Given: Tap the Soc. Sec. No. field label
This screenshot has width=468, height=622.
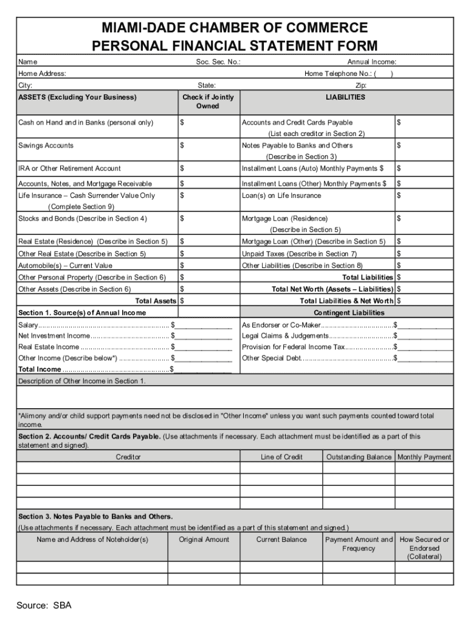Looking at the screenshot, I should [218, 62].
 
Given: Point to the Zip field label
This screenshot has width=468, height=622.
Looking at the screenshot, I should [360, 86].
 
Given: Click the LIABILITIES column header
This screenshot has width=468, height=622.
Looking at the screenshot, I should [345, 97].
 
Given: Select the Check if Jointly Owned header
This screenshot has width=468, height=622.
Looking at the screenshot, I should [207, 101].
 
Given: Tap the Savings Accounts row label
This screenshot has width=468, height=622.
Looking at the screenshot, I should [46, 146].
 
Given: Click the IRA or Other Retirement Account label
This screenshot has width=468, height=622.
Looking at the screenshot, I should [69, 168].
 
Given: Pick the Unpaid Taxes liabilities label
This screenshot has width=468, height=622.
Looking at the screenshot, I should [299, 254].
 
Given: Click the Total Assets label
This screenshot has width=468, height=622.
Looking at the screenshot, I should [156, 301].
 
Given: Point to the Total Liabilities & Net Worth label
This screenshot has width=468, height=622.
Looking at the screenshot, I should [346, 301].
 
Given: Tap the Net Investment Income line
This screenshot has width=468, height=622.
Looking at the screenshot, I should [54, 335].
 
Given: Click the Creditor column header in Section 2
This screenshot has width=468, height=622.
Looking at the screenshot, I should [128, 457].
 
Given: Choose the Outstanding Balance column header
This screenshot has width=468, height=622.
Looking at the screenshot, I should [359, 457].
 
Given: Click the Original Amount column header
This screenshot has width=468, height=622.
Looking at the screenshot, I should [204, 539].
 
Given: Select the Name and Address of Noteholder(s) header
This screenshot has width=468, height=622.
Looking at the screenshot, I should [92, 539].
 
